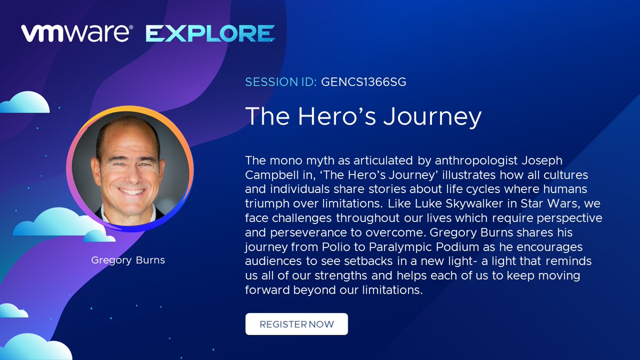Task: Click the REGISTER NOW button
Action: pyautogui.click(x=297, y=324)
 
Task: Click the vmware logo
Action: pyautogui.click(x=77, y=33)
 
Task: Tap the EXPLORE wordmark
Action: pyautogui.click(x=210, y=34)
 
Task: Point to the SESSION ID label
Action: pyautogui.click(x=281, y=82)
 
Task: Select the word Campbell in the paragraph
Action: pyautogui.click(x=269, y=175)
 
